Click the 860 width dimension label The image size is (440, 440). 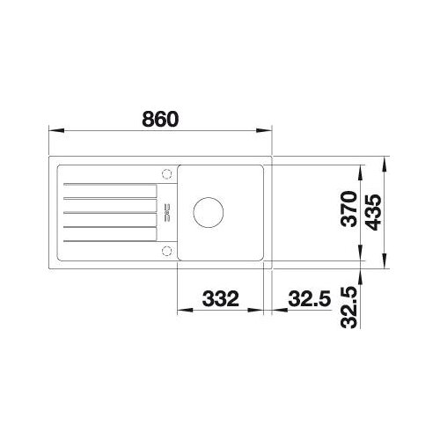(160, 119)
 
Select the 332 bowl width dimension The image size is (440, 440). (221, 298)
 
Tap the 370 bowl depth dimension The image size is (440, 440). (349, 209)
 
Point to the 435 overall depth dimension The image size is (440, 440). (374, 212)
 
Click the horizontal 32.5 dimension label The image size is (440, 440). (310, 298)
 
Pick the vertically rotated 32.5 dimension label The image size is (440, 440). (349, 307)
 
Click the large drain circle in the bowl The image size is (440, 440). (209, 212)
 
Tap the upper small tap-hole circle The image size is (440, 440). (166, 173)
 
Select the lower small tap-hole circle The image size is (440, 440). (166, 251)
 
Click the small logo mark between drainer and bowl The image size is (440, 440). (167, 212)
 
